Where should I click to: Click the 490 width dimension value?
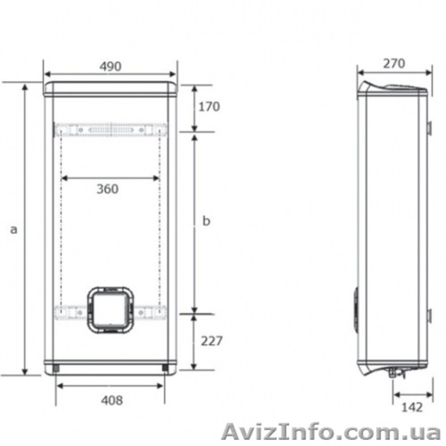pyautogui.click(x=110, y=67)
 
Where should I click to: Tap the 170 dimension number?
pyautogui.click(x=209, y=106)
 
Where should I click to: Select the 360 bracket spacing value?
pyautogui.click(x=107, y=189)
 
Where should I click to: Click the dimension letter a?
pyautogui.click(x=13, y=230)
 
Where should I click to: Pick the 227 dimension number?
pyautogui.click(x=211, y=341)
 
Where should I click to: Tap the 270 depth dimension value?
pyautogui.click(x=394, y=63)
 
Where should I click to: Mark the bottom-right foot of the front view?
pyautogui.click(x=164, y=366)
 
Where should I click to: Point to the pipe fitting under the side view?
pyautogui.click(x=392, y=372)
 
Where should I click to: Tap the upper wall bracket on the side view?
pyautogui.click(x=430, y=129)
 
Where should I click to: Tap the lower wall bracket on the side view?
pyautogui.click(x=430, y=315)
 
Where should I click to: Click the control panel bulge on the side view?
pyautogui.click(x=356, y=308)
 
